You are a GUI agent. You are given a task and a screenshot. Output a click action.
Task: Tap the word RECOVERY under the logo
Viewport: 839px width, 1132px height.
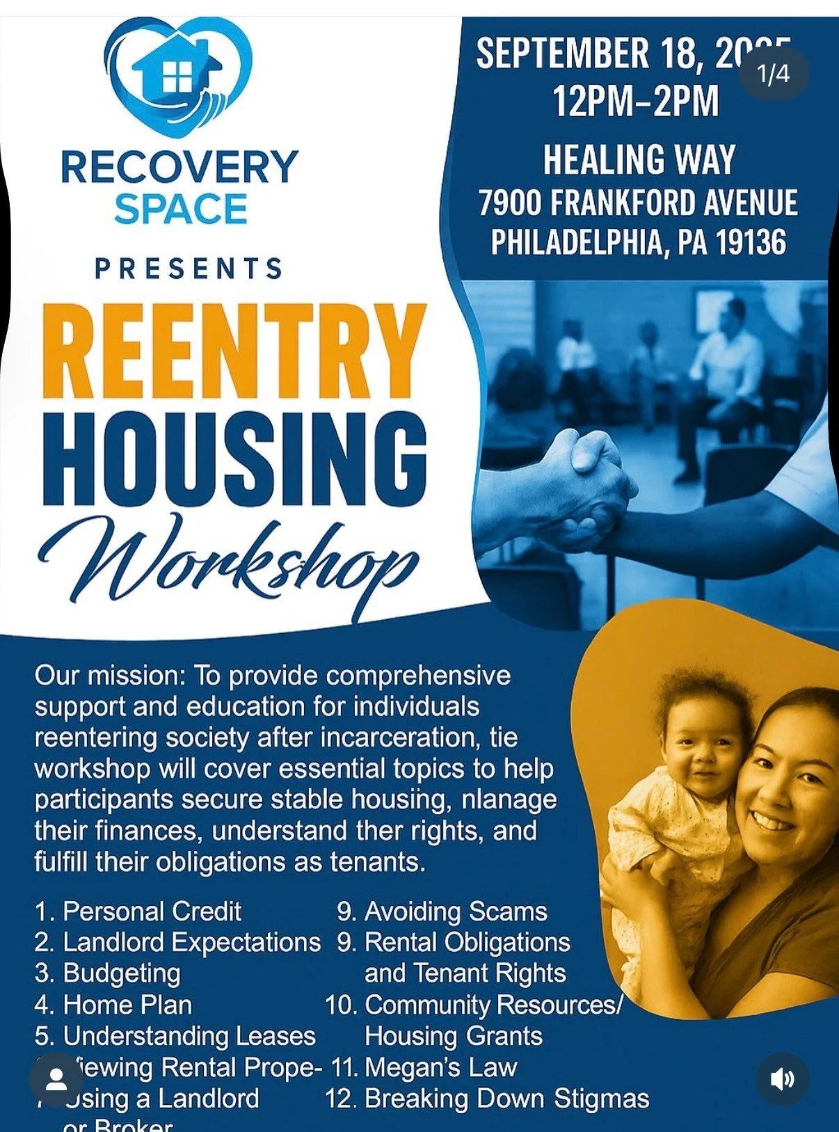(x=179, y=167)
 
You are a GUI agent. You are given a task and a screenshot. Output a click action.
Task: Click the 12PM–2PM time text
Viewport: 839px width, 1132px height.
(x=635, y=101)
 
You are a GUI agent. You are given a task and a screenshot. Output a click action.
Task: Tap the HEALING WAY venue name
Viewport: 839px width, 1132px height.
(x=639, y=160)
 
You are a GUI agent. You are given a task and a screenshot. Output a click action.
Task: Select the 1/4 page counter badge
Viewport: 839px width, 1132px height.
(x=773, y=73)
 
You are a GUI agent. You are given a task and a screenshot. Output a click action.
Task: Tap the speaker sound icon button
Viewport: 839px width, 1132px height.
(x=782, y=1079)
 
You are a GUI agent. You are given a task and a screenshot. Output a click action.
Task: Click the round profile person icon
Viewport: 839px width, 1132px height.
(x=56, y=1079)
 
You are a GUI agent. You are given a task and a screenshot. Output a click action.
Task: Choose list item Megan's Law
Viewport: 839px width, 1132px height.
(x=440, y=1067)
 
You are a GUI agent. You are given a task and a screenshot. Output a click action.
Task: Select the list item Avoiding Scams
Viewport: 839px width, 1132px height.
(x=456, y=911)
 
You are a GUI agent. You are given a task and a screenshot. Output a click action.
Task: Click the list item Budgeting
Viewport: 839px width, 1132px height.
(x=122, y=973)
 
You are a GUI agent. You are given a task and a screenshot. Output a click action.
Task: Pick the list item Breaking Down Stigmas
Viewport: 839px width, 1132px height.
(x=506, y=1099)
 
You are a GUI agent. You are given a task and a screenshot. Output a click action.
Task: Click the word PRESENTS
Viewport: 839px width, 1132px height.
(x=189, y=269)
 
